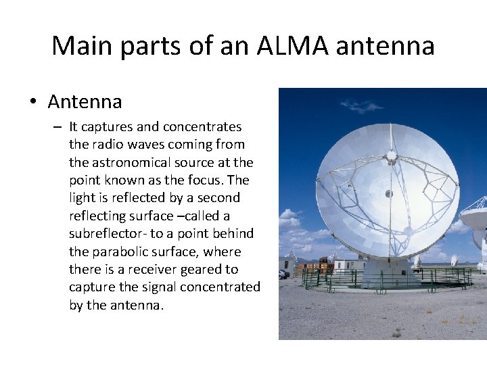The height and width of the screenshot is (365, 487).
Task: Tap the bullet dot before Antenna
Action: [x=32, y=103]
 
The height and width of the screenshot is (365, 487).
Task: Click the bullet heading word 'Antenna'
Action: [x=85, y=102]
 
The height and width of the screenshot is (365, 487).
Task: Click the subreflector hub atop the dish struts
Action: [x=391, y=157]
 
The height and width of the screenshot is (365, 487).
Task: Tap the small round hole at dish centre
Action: [x=389, y=194]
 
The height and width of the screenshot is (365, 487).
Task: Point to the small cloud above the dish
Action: [x=361, y=105]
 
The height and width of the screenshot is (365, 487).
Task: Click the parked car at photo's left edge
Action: [x=283, y=274]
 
